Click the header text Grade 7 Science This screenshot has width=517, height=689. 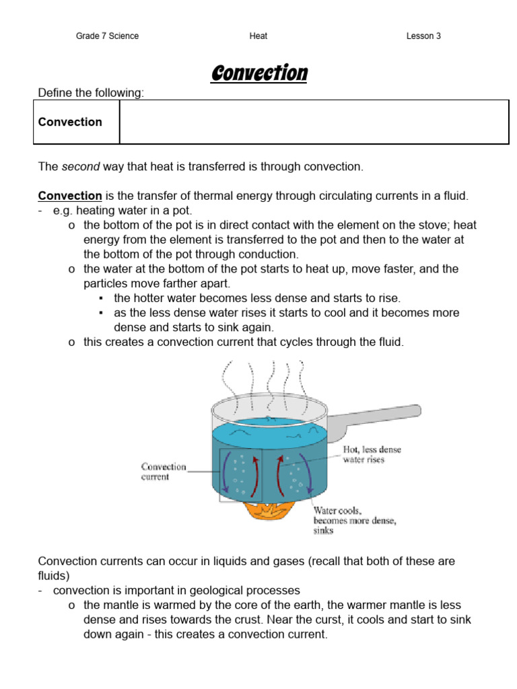click(107, 36)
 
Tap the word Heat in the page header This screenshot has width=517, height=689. click(258, 36)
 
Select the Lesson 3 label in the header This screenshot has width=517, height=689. click(423, 36)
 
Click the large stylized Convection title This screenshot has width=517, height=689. click(259, 73)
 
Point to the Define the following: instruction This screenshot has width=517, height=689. click(91, 93)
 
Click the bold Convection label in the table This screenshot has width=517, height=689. click(70, 122)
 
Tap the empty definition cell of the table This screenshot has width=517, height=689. click(314, 122)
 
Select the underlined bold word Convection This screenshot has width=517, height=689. click(70, 196)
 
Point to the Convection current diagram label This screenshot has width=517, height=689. click(164, 471)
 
